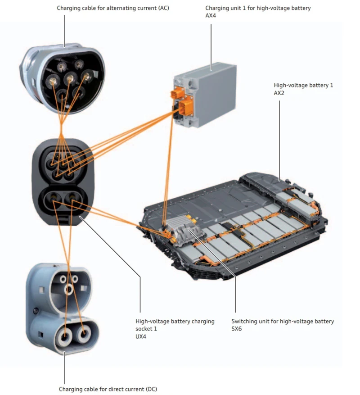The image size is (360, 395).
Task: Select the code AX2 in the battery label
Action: (279, 93)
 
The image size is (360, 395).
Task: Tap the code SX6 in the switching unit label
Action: (237, 329)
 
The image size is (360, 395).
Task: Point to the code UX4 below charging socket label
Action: (141, 336)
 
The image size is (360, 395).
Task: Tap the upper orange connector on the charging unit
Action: (176, 94)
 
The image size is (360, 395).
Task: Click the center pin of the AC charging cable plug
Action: (69, 80)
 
